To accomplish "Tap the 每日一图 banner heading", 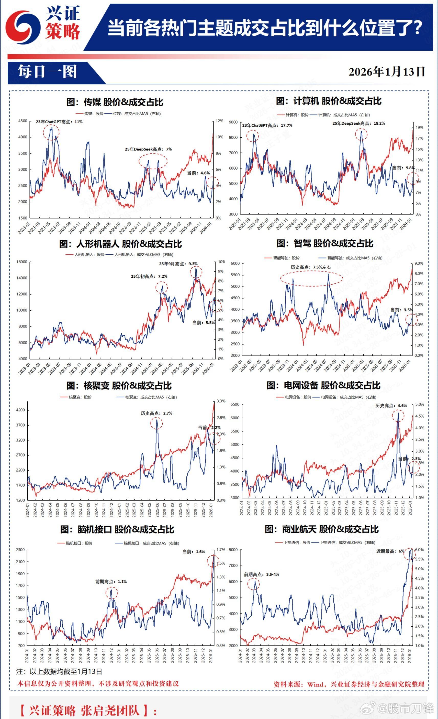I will click(x=47, y=72).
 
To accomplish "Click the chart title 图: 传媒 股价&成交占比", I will click(x=115, y=102).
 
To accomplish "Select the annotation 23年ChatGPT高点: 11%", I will click(x=59, y=122).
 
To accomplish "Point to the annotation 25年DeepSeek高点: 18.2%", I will click(x=358, y=123).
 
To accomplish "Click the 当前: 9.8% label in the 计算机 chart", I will click(x=403, y=168).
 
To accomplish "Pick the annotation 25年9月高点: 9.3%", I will click(x=178, y=264).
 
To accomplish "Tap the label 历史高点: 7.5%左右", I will click(x=311, y=267).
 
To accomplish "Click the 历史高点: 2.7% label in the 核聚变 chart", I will click(x=156, y=413).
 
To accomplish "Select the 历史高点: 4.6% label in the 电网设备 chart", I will click(x=391, y=406).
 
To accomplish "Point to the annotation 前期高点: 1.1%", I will click(x=111, y=582).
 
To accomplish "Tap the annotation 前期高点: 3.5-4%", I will click(x=262, y=574).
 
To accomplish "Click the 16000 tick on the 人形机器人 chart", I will click(x=21, y=262).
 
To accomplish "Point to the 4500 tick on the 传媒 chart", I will click(x=23, y=121).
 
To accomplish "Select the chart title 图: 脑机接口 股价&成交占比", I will click(x=117, y=529).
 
